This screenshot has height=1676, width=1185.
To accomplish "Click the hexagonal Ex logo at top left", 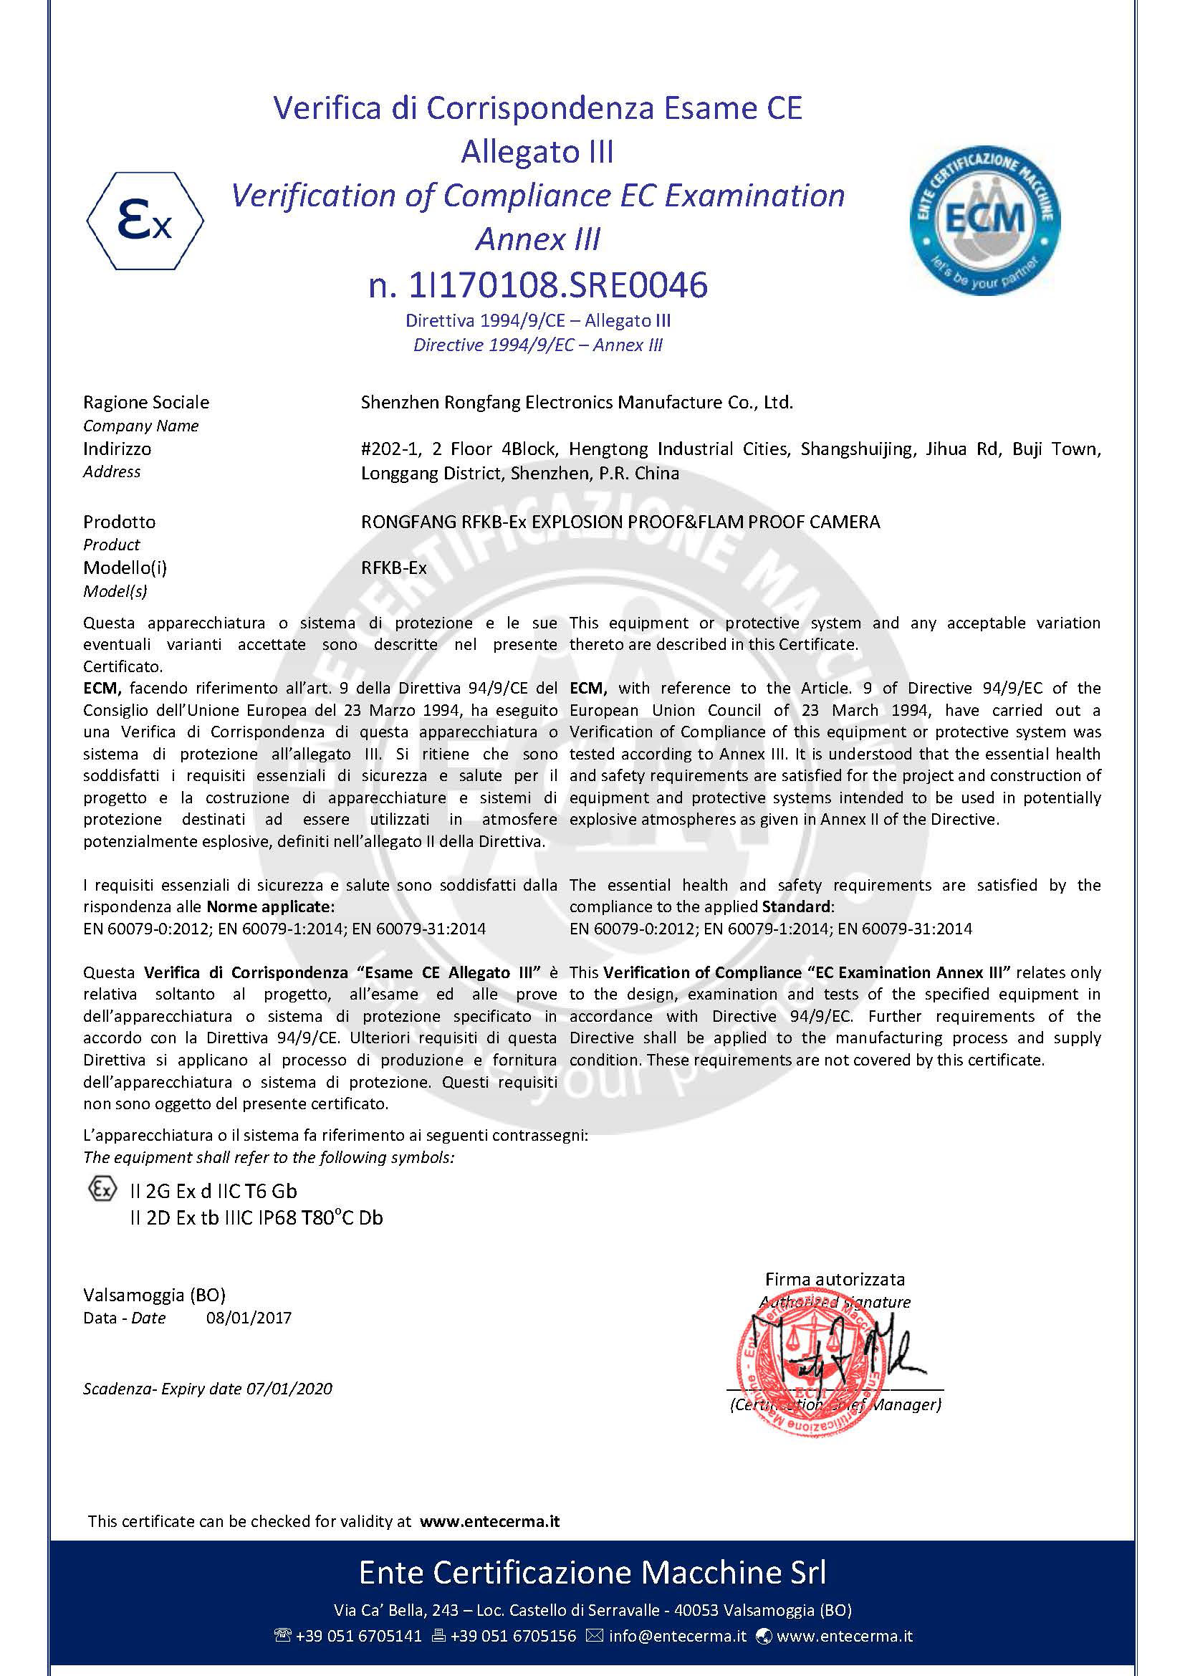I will coord(145,221).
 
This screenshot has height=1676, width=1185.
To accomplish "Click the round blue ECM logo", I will coord(984,220).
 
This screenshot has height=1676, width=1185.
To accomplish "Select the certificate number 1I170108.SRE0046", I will coord(557,285).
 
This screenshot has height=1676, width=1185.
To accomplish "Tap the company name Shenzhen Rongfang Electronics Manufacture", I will coord(577,402).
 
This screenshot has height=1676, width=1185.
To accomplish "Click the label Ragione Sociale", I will coord(146,402).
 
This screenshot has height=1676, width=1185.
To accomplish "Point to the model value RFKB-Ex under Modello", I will coord(393,568).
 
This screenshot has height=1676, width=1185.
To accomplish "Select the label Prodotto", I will coord(119,522).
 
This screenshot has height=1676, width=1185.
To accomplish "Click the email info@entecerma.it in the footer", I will coord(677,1635).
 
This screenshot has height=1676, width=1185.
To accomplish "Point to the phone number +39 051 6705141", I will coord(358,1635).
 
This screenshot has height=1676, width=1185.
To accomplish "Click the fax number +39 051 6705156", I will coord(513,1635).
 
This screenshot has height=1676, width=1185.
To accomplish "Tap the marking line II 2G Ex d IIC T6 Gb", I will coord(213,1191).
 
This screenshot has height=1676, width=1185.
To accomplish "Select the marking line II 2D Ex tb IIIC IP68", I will coord(255,1217).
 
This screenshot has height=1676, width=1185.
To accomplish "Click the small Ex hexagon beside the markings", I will coord(102,1189).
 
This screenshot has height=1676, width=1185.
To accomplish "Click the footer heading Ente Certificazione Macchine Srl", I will coord(592,1571).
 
